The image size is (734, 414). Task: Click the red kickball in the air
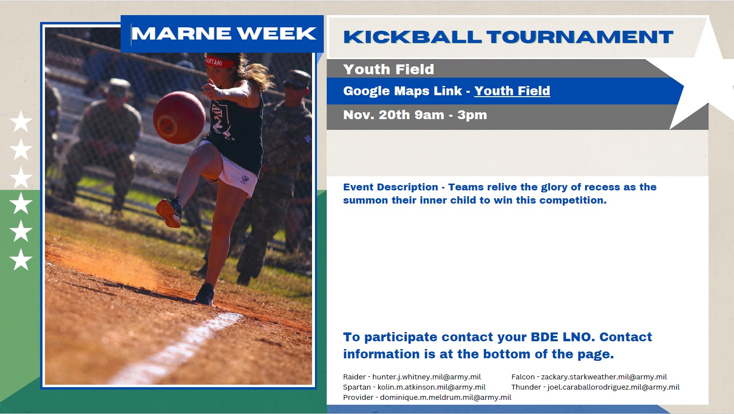point(179,118)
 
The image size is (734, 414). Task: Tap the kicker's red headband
point(220,62)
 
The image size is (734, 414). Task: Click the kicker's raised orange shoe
point(169,212)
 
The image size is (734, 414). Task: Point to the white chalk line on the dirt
point(177,349)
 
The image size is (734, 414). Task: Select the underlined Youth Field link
point(512,91)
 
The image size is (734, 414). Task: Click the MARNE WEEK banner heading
point(224,34)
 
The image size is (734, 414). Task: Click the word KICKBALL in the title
point(413,37)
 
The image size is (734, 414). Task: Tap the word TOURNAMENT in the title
point(580,37)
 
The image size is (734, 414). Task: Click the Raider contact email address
point(427,377)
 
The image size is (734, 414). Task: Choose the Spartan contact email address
point(432,387)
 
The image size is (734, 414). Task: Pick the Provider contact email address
point(446,397)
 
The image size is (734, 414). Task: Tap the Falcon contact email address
point(604,377)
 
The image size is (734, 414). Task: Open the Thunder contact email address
point(613,387)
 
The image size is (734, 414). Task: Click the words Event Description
point(391,187)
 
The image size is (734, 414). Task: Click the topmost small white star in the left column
point(21,121)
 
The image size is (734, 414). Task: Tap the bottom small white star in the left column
point(21,259)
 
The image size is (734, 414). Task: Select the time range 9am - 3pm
point(451,115)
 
